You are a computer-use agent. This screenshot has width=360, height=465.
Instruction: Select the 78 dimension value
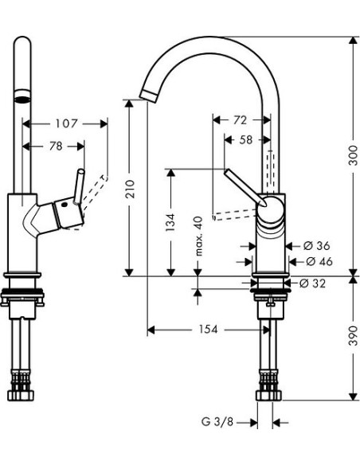(x=54, y=146)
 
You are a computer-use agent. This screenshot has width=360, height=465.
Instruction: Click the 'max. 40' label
(x=200, y=236)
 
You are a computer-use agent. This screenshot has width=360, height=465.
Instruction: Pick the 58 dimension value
(x=247, y=139)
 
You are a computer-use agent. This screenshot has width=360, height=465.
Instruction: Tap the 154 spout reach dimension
(x=208, y=329)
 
